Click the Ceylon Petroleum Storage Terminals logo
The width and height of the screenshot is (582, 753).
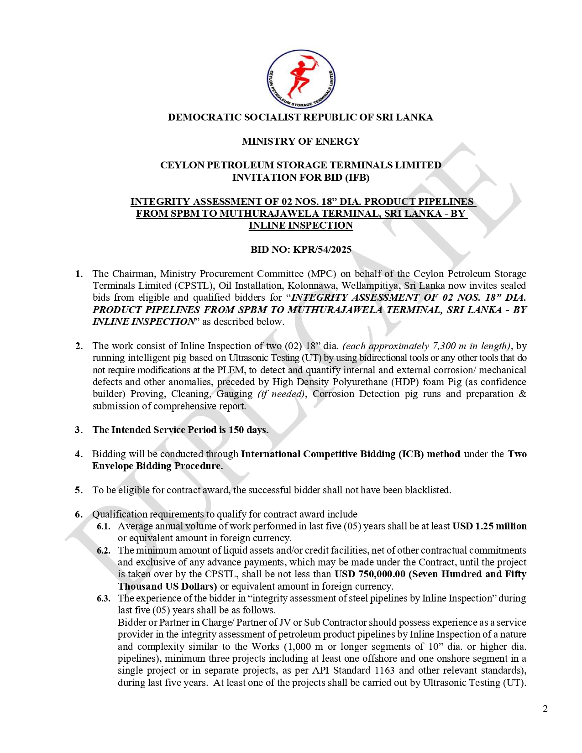pos(301,79)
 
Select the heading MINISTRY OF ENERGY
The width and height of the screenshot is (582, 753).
pos(300,141)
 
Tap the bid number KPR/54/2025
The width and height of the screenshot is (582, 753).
pos(322,250)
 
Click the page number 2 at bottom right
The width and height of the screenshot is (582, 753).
pos(545,709)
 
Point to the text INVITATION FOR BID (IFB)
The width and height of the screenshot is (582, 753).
pos(300,178)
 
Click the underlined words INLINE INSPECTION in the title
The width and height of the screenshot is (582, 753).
pos(300,225)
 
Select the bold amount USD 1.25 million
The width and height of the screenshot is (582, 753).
pos(489,526)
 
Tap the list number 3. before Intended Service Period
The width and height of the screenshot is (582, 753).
pos(79,430)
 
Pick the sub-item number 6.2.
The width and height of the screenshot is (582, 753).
pos(104,550)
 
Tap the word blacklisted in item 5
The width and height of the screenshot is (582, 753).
pos(428,490)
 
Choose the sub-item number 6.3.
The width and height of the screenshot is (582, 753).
pos(104,598)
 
